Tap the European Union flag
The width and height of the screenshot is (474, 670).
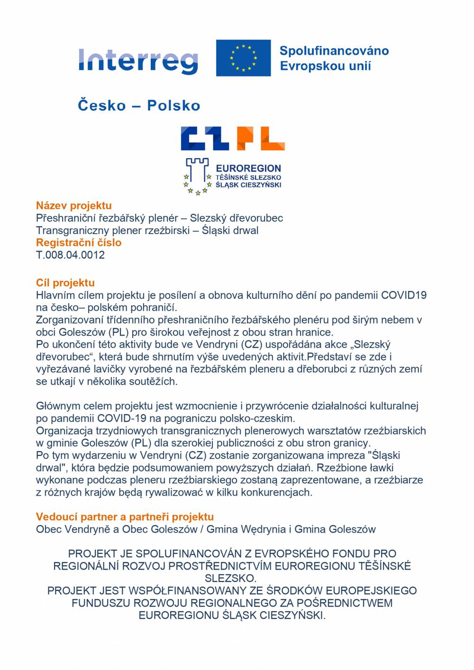[x=243, y=58]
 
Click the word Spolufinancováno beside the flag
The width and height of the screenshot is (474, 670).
[x=334, y=51]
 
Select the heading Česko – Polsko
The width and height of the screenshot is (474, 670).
[x=139, y=105]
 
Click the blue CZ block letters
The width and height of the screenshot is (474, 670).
[x=208, y=138]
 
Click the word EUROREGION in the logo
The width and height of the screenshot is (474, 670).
[x=248, y=168]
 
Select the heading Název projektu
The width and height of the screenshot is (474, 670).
[x=74, y=206]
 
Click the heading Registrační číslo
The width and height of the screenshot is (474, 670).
[x=79, y=243]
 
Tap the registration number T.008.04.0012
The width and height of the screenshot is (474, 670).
[x=70, y=255]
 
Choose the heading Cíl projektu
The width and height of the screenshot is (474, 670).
[x=65, y=283]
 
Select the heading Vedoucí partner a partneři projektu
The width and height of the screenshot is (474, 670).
[x=125, y=517]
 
